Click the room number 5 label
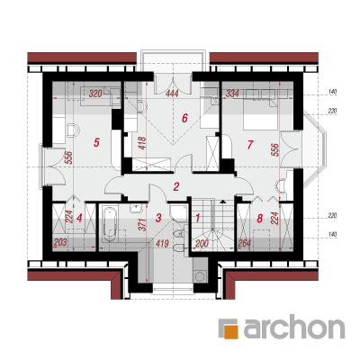[x=96, y=142]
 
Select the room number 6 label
[x=184, y=118]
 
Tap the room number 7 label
[x=249, y=145]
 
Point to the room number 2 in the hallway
[x=176, y=186]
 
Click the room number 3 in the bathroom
[x=158, y=218]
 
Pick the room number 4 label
[x=79, y=218]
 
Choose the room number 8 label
[x=260, y=218]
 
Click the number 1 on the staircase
[x=197, y=218]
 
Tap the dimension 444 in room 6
[x=172, y=94]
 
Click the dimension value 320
[x=95, y=94]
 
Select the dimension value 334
[x=232, y=94]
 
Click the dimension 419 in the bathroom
[x=162, y=243]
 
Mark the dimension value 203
[x=60, y=242]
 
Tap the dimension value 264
[x=244, y=243]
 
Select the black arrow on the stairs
[x=222, y=202]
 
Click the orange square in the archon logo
[x=231, y=332]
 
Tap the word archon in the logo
[x=294, y=328]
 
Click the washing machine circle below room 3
[x=199, y=274]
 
